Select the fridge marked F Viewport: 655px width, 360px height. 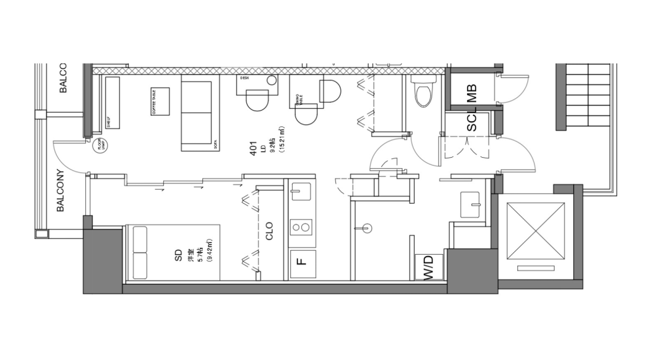pos(302,263)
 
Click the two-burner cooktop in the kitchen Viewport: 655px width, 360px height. pos(301,228)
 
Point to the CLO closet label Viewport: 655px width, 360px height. pos(269,230)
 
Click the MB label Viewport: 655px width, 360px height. pos(472,93)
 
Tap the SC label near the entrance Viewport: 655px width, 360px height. pos(472,122)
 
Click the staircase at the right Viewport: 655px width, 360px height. pos(586,96)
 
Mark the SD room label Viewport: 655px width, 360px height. pos(178,255)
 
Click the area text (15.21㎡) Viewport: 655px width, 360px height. pos(282,139)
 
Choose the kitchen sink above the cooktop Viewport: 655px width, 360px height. pos(301,192)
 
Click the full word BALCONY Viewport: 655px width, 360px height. pos(60,191)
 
